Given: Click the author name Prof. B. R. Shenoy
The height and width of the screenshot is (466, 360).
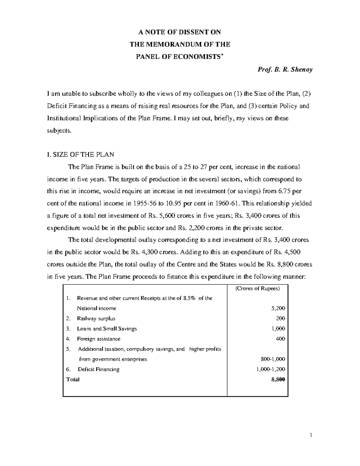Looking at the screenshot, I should point(285,70).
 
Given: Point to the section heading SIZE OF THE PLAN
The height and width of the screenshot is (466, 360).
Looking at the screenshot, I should point(83,155).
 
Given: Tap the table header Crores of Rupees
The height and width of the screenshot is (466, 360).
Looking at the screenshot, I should point(257,289).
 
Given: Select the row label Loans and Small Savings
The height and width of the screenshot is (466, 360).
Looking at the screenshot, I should point(107,329).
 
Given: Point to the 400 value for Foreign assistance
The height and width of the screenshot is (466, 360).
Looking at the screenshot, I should point(280,339).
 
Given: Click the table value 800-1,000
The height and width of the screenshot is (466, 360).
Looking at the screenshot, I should point(273,359).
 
